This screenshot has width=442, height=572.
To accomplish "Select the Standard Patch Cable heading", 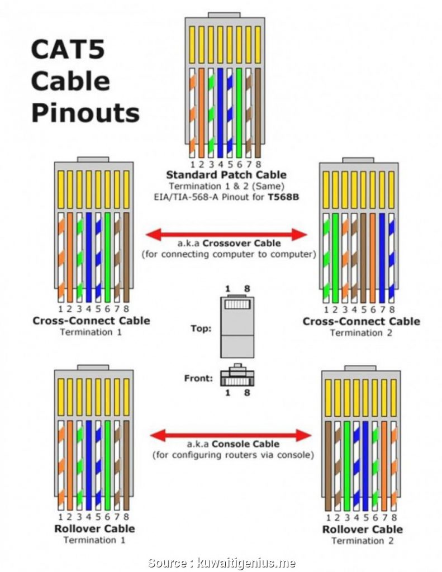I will pyautogui.click(x=226, y=175).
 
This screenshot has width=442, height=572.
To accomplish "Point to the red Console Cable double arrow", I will pyautogui.click(x=231, y=435).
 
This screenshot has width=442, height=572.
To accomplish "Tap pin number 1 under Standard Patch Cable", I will pyautogui.click(x=192, y=164).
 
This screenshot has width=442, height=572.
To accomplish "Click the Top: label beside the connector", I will pyautogui.click(x=201, y=329).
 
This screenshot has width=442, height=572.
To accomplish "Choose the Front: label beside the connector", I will pyautogui.click(x=198, y=378).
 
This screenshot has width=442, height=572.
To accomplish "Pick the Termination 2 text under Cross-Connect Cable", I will pyautogui.click(x=360, y=333).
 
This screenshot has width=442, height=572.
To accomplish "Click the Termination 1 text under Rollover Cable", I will pyautogui.click(x=94, y=540).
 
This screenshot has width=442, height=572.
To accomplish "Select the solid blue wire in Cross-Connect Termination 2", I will pyautogui.click(x=382, y=257).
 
